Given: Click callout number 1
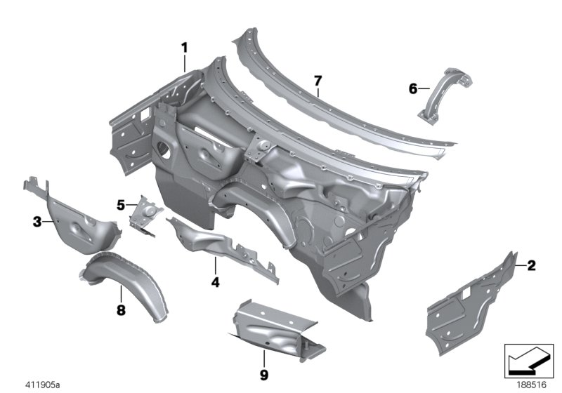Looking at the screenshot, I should tap(185, 48).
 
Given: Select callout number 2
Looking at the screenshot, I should tap(531, 265).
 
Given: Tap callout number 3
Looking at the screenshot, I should tap(37, 222).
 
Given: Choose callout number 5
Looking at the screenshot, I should tap(121, 205).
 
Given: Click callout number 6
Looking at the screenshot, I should tap(412, 88).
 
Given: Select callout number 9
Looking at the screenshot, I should tap(264, 375).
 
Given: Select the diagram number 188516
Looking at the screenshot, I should tap(530, 385).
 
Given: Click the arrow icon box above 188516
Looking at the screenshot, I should tap(530, 360).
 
